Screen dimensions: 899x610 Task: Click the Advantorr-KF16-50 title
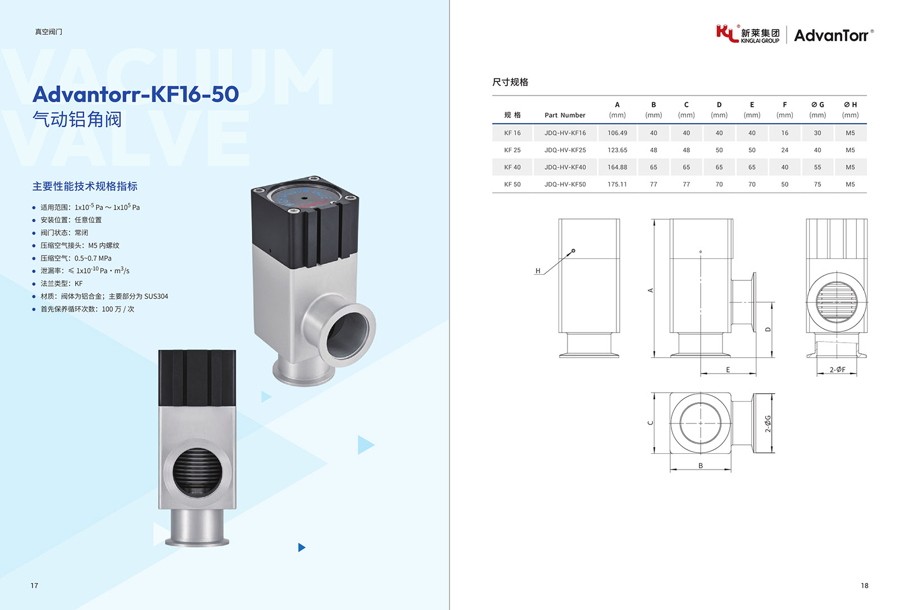(135, 94)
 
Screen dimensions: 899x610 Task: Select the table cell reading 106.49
(618, 133)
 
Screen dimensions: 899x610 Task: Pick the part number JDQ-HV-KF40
(565, 167)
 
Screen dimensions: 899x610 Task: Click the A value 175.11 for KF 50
(618, 184)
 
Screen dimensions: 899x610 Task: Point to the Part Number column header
(565, 115)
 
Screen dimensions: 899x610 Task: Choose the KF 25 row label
(512, 150)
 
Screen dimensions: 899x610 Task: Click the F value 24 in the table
(784, 150)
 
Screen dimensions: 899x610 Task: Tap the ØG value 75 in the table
(818, 184)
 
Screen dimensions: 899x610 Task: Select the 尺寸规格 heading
(510, 82)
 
